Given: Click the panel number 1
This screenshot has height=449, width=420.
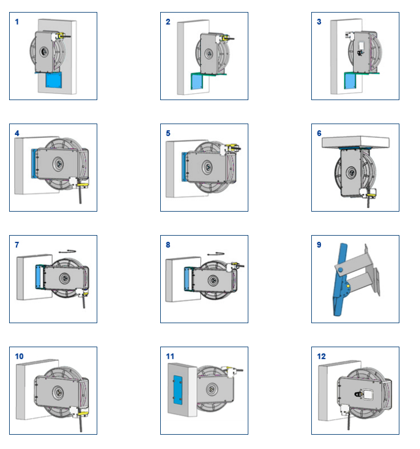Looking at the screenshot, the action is (x=17, y=22).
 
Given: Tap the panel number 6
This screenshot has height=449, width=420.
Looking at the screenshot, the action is (x=319, y=133).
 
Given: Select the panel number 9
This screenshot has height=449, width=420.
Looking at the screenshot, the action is (x=319, y=245).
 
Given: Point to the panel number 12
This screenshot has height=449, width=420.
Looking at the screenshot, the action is (x=322, y=356).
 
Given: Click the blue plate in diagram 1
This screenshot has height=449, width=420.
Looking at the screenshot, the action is (x=54, y=80).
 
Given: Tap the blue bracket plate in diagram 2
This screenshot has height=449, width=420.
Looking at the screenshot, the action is (x=197, y=82).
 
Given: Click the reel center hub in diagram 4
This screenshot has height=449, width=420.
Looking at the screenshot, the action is (x=58, y=164).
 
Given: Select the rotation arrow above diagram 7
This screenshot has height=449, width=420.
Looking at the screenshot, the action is (x=68, y=252).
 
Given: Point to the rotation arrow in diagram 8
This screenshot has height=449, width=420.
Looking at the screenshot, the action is (x=216, y=254).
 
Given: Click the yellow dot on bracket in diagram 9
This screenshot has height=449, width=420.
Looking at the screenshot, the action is (x=348, y=286).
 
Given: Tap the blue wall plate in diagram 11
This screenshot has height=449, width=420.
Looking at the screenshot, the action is (x=177, y=390).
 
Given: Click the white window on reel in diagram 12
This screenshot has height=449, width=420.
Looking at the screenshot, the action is (x=367, y=395).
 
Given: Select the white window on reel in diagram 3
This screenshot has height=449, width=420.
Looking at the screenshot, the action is (x=361, y=45).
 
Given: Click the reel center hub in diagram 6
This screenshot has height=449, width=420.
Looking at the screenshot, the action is (x=351, y=173).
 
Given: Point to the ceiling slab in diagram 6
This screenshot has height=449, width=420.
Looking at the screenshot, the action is (x=355, y=142).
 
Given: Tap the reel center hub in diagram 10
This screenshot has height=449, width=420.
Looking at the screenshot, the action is (x=58, y=392).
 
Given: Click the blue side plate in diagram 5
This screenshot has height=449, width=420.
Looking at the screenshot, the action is (x=184, y=166).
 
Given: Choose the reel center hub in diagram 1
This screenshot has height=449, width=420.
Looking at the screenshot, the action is (x=44, y=52).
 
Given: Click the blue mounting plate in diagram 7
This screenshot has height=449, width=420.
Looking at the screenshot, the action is (x=38, y=277).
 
